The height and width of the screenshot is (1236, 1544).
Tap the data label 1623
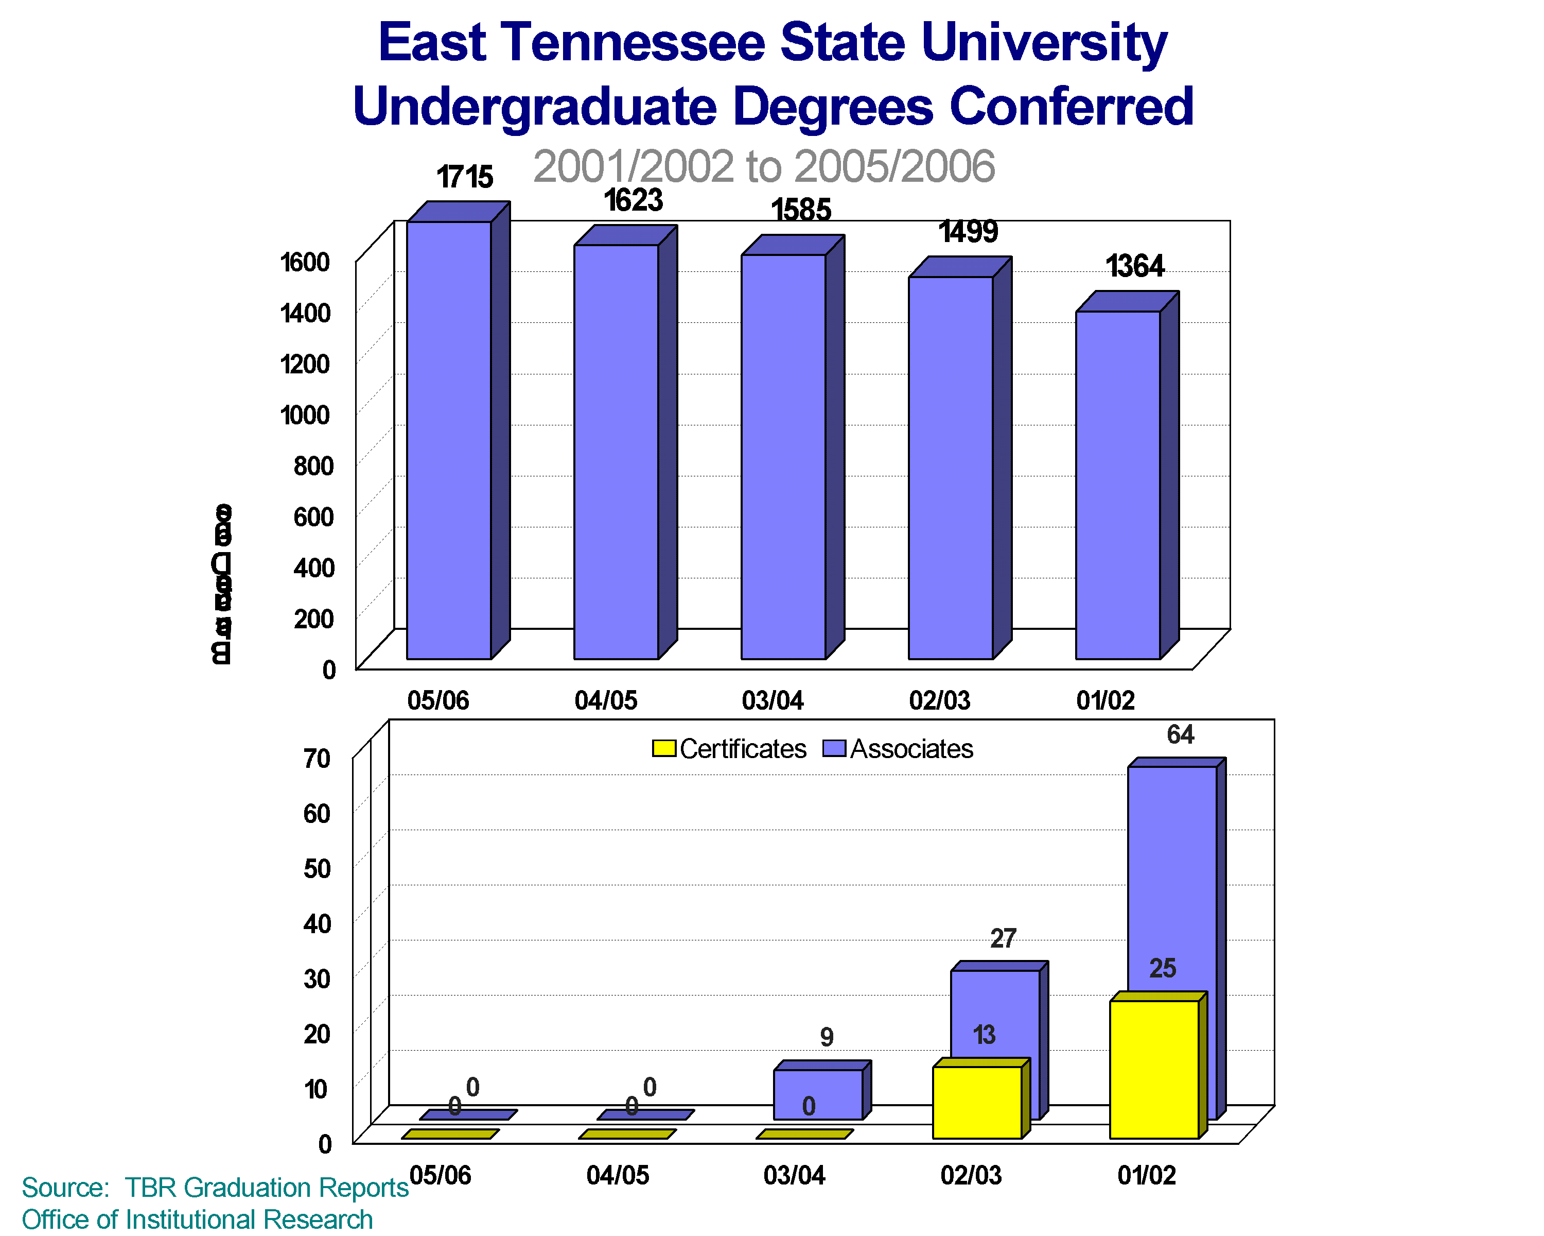(633, 201)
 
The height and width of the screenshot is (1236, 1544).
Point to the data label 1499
(968, 231)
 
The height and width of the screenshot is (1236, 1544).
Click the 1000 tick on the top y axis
(305, 415)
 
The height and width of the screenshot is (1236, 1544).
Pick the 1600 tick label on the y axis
(305, 262)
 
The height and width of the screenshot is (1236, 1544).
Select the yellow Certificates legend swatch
(664, 749)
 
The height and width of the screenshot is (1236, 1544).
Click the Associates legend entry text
(911, 749)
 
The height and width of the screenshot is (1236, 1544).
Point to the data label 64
(1180, 734)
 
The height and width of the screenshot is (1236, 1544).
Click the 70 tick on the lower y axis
(317, 758)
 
